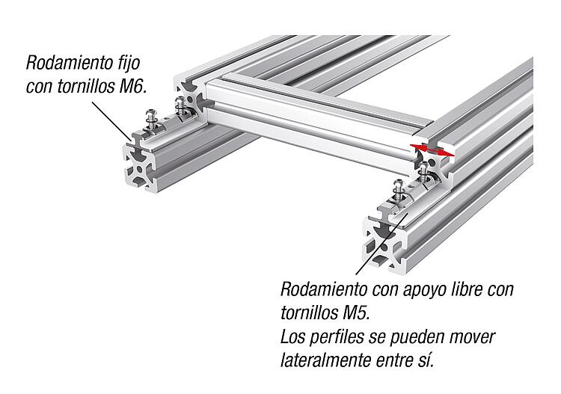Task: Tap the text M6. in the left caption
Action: (132, 86)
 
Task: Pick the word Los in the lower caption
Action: (292, 336)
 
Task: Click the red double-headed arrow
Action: (432, 150)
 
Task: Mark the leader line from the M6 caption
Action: (111, 121)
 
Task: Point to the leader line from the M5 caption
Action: (381, 244)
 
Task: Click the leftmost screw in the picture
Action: (152, 120)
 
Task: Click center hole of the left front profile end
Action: (139, 168)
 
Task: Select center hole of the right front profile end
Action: (383, 246)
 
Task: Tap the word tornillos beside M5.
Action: (308, 313)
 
